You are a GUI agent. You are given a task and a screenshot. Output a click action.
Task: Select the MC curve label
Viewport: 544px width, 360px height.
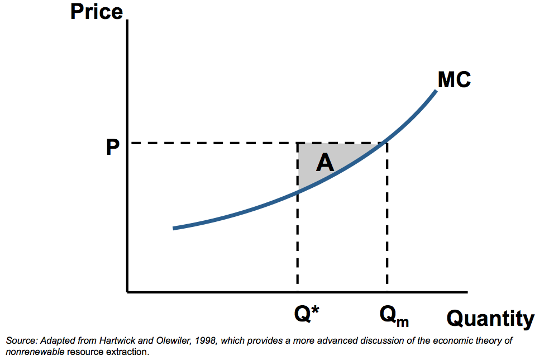tap(454, 80)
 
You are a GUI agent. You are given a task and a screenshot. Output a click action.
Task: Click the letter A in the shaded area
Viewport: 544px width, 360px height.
tap(325, 163)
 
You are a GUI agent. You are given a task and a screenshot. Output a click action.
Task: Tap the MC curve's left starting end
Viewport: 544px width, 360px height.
tap(174, 228)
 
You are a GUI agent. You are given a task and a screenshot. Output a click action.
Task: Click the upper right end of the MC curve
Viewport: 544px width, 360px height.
tap(436, 91)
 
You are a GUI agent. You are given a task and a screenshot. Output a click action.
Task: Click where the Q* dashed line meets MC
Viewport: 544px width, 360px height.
tap(298, 192)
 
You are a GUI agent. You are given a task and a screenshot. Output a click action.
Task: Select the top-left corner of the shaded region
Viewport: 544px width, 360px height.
tap(298, 143)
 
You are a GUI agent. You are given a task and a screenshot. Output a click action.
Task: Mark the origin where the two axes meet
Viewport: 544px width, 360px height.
tap(128, 292)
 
